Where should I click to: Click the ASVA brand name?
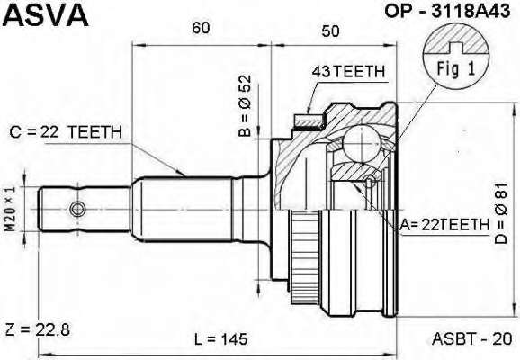46,14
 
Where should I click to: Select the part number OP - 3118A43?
447,12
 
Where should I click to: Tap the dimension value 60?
201,28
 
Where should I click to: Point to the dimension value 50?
330,31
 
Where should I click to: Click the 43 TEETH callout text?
348,71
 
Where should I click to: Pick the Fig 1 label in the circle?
456,68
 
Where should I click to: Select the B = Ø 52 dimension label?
245,106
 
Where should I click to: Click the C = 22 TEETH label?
66,132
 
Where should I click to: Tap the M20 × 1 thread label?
10,209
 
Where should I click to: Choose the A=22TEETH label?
444,225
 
